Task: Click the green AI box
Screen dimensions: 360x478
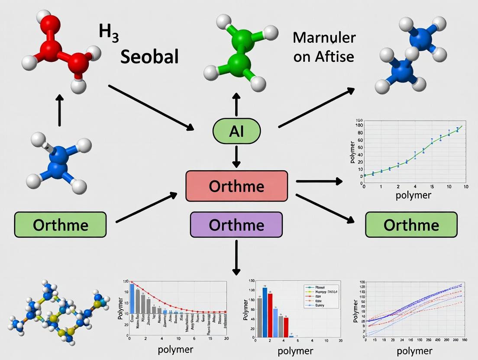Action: pos(236,130)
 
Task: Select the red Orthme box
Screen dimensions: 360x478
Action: pos(236,186)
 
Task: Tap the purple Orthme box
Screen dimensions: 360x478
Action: pos(236,225)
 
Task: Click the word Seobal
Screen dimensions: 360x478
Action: pos(149,57)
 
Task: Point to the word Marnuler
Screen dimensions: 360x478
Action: pos(324,38)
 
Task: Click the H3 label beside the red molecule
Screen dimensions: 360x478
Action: pos(109,33)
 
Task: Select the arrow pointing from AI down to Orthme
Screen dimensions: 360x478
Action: pos(236,157)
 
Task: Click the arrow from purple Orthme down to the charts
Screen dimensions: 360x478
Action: pos(236,257)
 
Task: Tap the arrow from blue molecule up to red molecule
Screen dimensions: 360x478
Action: pos(60,112)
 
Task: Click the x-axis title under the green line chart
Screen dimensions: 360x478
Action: pos(414,195)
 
